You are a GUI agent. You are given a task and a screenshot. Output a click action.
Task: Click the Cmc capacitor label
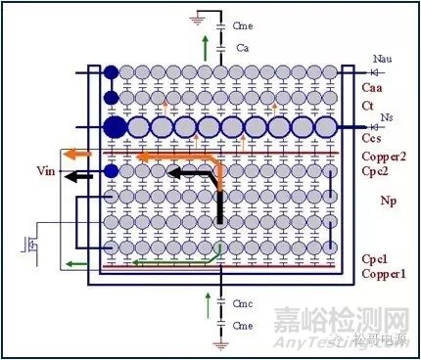(245, 304)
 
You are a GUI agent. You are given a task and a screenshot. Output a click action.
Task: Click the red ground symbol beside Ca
(201, 15)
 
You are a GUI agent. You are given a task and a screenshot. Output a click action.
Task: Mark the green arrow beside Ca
(204, 45)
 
